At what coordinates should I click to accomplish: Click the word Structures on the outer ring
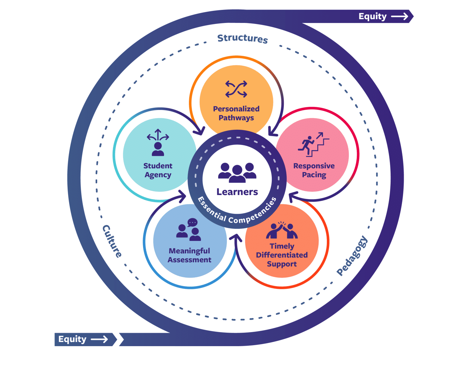[242, 38]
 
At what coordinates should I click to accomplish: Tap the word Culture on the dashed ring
[112, 241]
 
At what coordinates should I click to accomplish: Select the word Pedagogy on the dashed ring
[352, 256]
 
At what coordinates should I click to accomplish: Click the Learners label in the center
[237, 192]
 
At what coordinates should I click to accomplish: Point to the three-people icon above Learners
[237, 172]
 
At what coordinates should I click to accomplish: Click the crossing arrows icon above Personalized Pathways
[236, 89]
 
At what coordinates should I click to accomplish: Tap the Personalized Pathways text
[236, 113]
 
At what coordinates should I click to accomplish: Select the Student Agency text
[158, 170]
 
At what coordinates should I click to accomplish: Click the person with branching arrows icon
[158, 142]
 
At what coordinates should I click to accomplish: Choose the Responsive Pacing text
[314, 170]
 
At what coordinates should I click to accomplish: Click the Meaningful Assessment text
[189, 255]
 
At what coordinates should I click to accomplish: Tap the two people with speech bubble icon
[189, 229]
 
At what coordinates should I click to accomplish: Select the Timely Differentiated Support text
[282, 255]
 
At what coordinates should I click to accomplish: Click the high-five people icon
[282, 230]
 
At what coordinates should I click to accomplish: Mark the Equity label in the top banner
[372, 16]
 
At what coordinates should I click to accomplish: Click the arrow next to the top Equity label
[399, 16]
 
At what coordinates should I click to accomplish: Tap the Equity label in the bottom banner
[72, 339]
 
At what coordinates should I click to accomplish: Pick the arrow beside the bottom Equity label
[99, 339]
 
